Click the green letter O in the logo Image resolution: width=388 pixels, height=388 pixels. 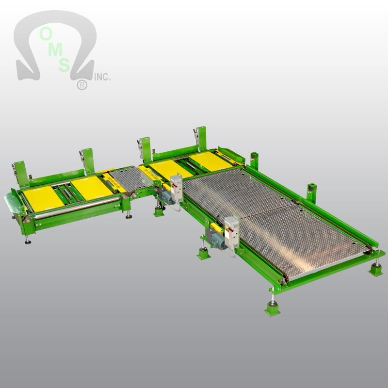point(46,33)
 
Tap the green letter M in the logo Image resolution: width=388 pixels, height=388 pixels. point(55,49)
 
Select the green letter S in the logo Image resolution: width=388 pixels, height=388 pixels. point(65,65)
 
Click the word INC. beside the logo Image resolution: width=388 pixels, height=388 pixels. point(102,77)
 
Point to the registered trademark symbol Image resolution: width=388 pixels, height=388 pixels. point(82,85)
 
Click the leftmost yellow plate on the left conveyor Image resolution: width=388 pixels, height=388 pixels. point(43,199)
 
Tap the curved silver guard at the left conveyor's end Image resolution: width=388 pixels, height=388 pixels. point(15,203)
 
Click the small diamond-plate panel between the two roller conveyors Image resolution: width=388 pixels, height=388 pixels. point(131,179)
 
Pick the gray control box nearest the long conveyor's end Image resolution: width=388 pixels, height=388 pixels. point(232,233)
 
